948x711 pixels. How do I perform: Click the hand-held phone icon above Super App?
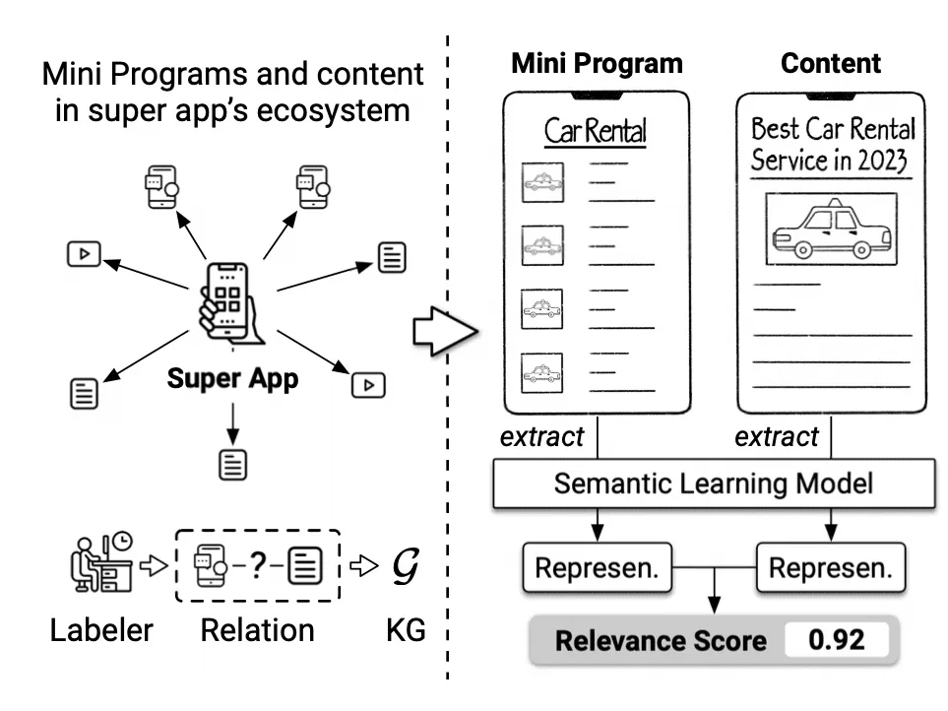228,302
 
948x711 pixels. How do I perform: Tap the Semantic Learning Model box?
714,484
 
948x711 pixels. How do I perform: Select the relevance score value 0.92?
837,640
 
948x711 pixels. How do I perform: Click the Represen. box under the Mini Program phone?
598,567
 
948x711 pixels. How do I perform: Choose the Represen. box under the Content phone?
831,567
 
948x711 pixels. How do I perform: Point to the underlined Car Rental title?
596,131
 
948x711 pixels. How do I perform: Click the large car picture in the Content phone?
831,229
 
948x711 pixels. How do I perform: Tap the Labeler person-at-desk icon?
101,561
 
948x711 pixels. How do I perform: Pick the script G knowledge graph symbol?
405,566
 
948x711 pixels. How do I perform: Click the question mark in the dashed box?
258,565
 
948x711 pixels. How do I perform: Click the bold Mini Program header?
597,63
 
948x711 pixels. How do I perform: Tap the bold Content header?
831,63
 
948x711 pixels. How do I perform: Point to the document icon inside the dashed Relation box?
305,565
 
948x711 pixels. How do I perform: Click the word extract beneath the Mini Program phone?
541,436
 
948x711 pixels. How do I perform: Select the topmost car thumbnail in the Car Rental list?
543,182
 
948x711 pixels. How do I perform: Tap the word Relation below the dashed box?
258,630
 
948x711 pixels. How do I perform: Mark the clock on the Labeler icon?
123,541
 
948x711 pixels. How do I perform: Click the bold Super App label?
232,379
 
